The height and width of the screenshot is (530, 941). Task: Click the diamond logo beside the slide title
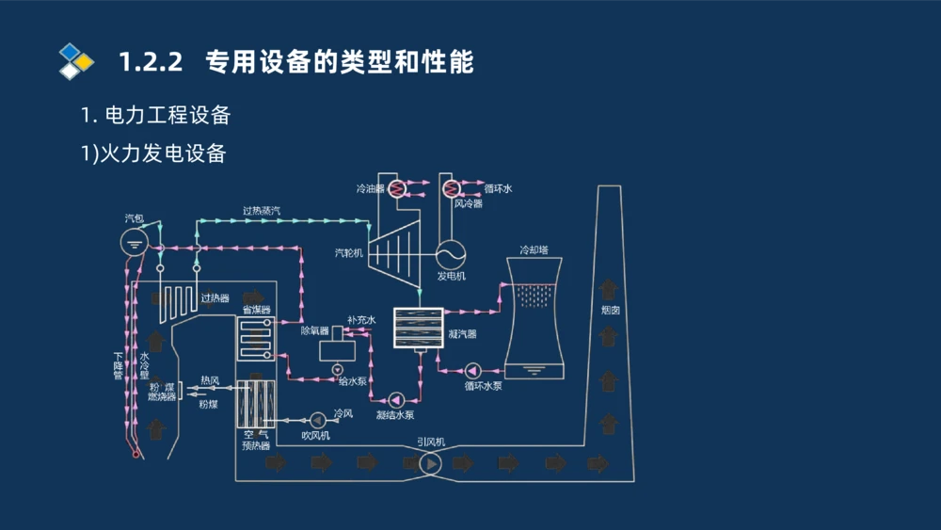pyautogui.click(x=76, y=61)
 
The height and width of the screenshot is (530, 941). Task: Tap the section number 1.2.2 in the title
pyautogui.click(x=149, y=62)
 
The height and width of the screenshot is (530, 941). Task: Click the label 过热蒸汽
pyautogui.click(x=262, y=211)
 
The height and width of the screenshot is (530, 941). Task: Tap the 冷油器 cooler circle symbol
pyautogui.click(x=397, y=188)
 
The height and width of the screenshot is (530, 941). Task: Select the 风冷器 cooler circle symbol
pyautogui.click(x=452, y=188)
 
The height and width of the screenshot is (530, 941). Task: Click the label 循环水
pyautogui.click(x=498, y=188)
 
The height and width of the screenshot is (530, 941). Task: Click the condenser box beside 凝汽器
pyautogui.click(x=418, y=329)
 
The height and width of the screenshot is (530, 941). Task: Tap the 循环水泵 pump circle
pyautogui.click(x=472, y=370)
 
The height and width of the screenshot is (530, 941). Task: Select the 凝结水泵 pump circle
pyautogui.click(x=396, y=398)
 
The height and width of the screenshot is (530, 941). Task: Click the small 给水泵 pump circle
pyautogui.click(x=338, y=369)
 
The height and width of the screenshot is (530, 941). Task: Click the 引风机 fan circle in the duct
pyautogui.click(x=431, y=463)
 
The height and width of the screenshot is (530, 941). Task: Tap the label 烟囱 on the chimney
pyautogui.click(x=610, y=310)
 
